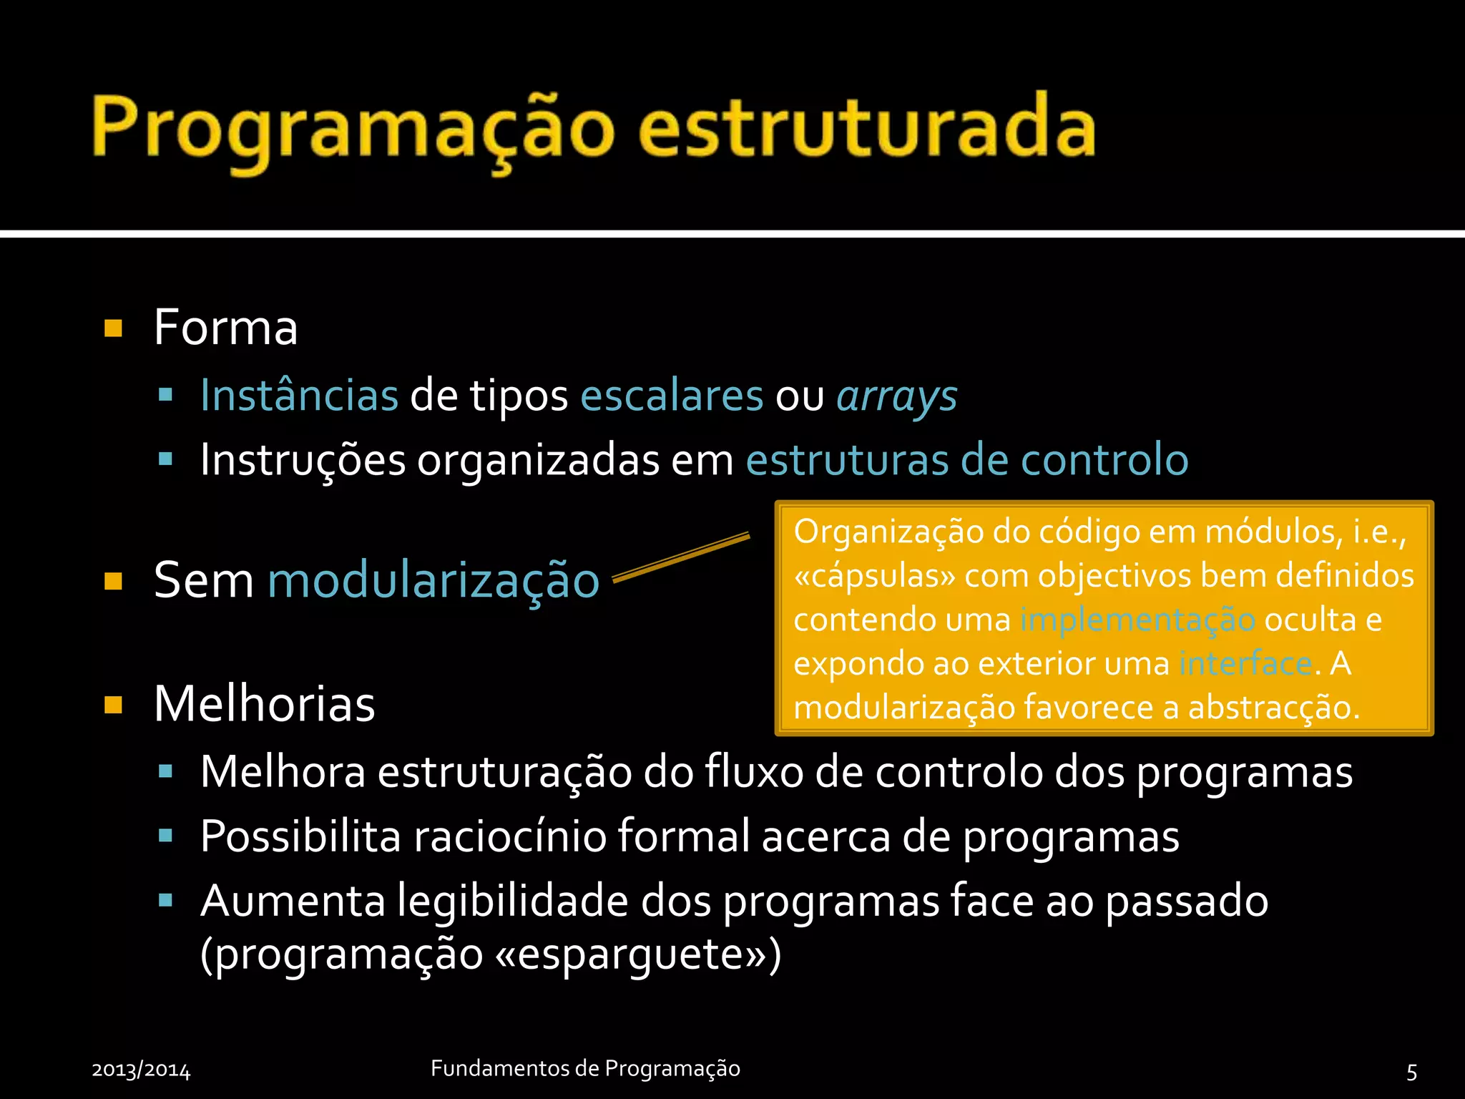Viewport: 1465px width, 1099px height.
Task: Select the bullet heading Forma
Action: tap(225, 328)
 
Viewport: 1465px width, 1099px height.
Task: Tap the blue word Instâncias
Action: tap(299, 395)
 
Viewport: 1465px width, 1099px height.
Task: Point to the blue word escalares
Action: tap(672, 395)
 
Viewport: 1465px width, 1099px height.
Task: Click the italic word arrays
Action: tap(897, 396)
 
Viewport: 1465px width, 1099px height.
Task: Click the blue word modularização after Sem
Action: tap(433, 580)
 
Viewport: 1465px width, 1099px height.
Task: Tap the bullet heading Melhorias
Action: tap(264, 704)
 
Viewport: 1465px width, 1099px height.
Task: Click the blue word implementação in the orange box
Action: tap(1137, 620)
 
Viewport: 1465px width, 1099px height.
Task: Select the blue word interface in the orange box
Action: tap(1245, 663)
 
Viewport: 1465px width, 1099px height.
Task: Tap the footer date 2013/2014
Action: tap(141, 1070)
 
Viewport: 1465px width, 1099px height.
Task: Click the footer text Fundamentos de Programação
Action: tap(585, 1068)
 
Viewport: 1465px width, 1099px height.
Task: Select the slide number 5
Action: tap(1411, 1071)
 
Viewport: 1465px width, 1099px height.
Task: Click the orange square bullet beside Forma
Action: tap(113, 328)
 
